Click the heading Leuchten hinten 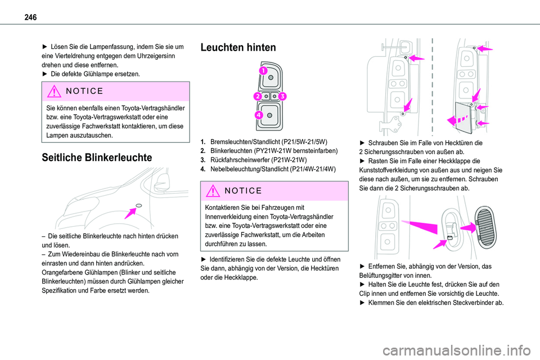238,48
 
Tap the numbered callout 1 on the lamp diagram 263,71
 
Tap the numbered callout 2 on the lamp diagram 257,96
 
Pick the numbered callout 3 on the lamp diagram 281,96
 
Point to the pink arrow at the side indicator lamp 132,210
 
